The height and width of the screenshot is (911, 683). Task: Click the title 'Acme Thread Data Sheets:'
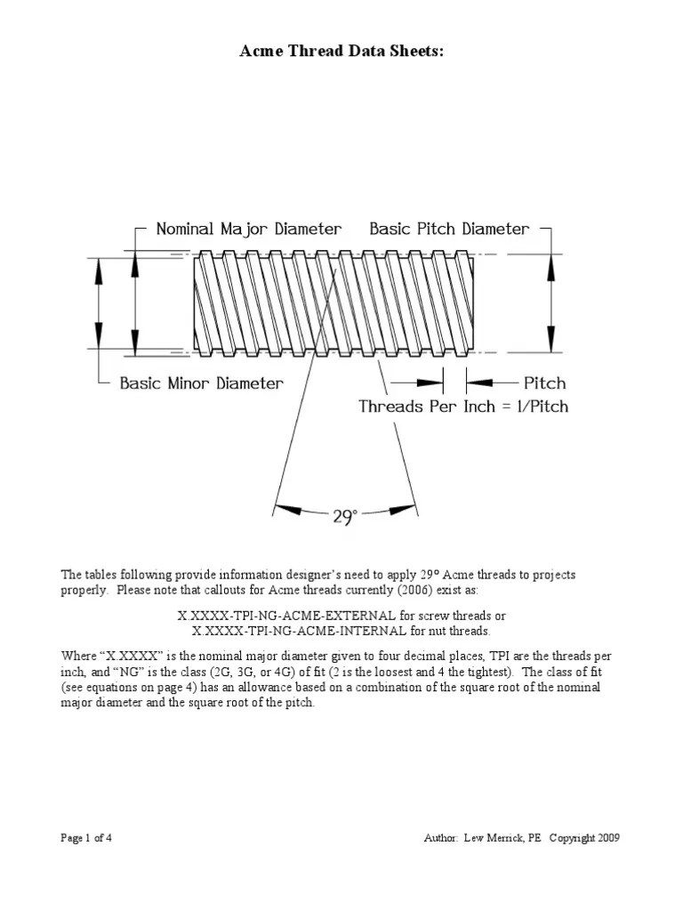coord(341,52)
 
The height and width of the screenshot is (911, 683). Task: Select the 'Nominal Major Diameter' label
coord(248,229)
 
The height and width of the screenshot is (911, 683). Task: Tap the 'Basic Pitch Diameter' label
coord(449,229)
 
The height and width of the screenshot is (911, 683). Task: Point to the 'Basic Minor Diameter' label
coord(202,383)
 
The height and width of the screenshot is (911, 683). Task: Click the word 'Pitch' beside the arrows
coord(544,383)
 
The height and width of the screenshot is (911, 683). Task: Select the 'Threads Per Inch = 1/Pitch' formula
coord(462,407)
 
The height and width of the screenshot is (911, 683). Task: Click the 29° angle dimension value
coord(345,517)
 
